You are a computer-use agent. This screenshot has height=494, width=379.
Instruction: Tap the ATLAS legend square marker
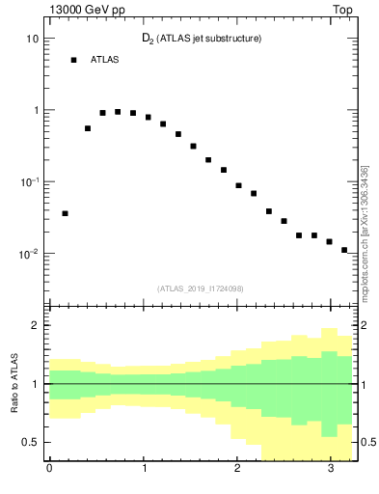[x=73, y=60]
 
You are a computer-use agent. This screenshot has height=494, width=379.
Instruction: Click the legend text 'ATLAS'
[x=105, y=60]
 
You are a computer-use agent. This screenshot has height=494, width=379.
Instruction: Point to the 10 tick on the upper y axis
[x=33, y=39]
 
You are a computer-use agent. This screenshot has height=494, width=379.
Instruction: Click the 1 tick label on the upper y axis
[x=35, y=110]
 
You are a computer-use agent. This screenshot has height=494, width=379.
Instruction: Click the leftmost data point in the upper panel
[x=65, y=213]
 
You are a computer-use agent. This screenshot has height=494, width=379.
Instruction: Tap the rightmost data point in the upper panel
[x=344, y=250]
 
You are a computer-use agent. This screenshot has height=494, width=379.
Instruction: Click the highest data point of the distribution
[x=118, y=112]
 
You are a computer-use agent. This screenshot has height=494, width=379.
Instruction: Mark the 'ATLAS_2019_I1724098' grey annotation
[x=201, y=288]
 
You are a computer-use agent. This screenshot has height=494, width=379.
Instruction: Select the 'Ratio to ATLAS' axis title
[x=14, y=383]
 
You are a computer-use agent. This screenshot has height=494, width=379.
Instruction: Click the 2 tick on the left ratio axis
[x=36, y=325]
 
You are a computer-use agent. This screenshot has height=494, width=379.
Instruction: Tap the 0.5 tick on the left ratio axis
[x=32, y=442]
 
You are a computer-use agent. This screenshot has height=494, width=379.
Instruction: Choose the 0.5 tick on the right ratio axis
[x=366, y=442]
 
